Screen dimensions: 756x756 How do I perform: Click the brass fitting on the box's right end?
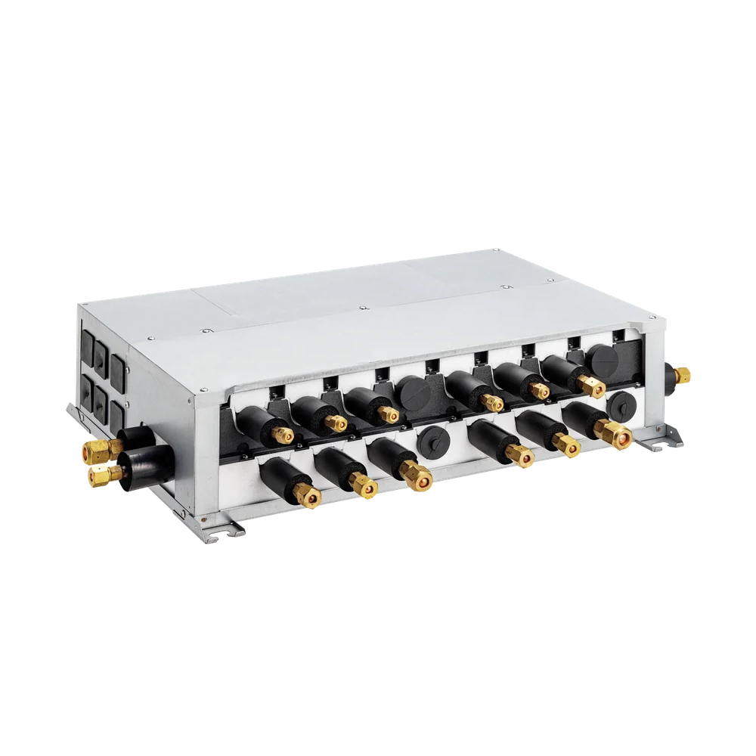683,373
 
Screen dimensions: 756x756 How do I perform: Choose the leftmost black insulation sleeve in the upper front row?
259,419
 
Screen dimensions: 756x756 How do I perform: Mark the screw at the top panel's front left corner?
203,330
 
